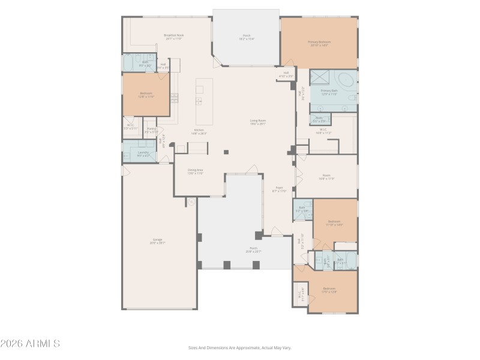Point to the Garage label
(157, 241)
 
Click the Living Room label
(258, 122)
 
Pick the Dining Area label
(196, 172)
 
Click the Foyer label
(279, 189)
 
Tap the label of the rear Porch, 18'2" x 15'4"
(247, 37)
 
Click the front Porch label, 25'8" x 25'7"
(253, 250)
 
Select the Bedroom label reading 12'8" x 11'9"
(146, 95)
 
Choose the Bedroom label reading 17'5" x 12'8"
(329, 290)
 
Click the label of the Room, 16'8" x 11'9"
(326, 177)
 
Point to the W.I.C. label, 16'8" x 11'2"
(323, 131)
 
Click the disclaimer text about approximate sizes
(239, 347)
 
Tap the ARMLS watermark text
(30, 344)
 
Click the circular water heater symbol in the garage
(191, 203)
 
